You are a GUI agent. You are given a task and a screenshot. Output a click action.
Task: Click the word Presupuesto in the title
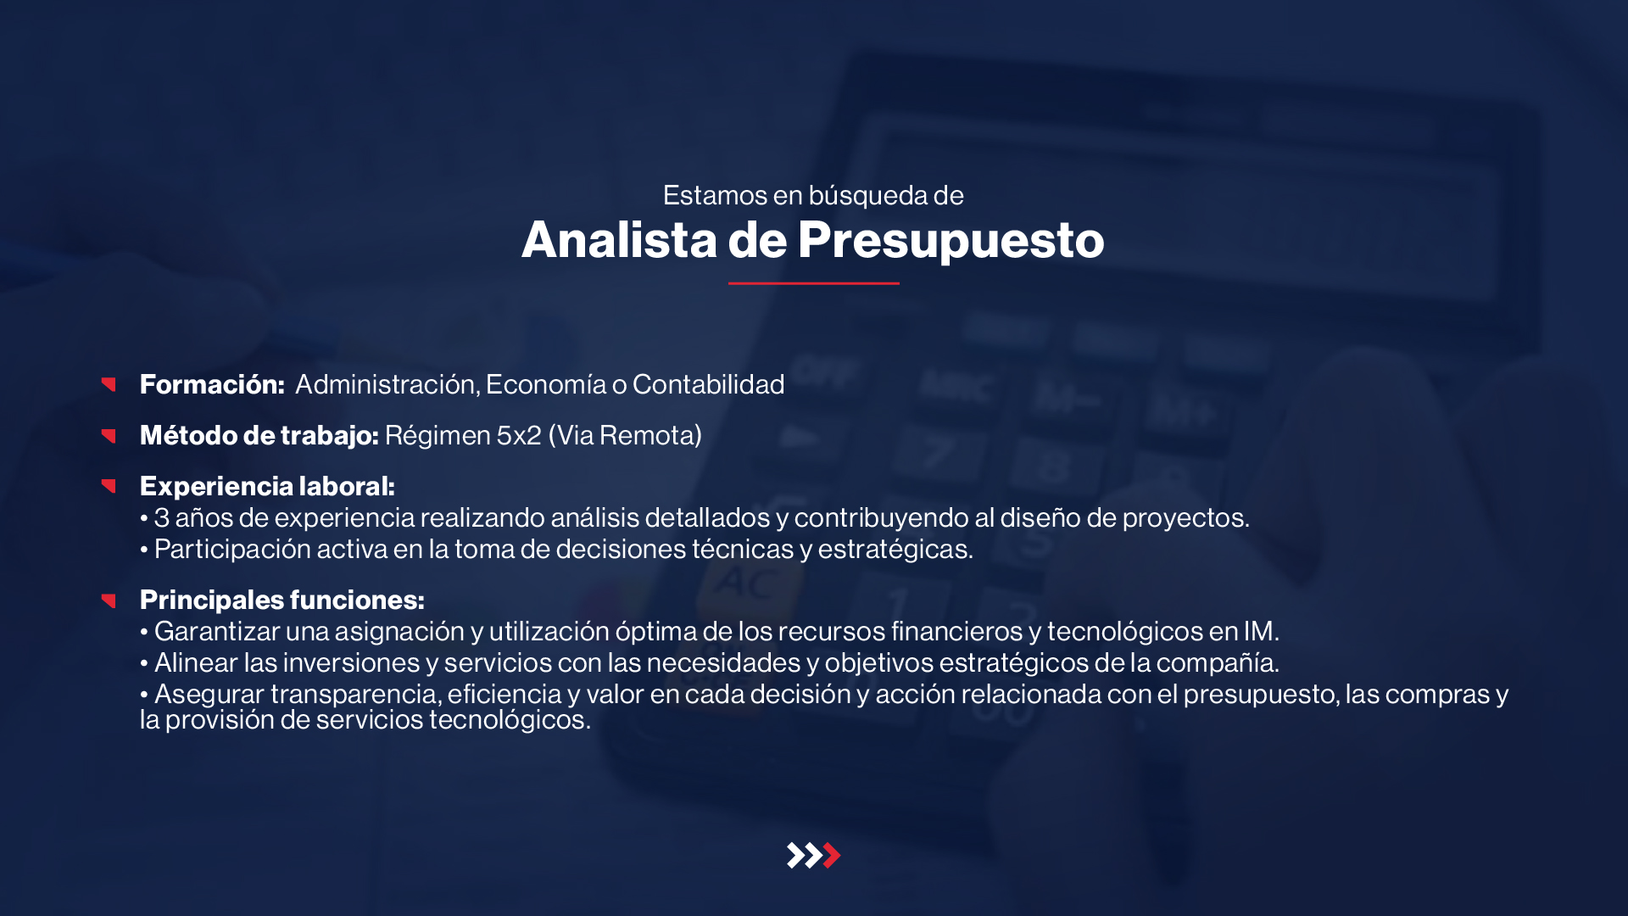pos(951,241)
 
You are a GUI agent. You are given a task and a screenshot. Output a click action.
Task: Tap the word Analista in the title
pos(620,239)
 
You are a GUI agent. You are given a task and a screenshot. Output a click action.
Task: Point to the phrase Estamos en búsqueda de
pos(813,195)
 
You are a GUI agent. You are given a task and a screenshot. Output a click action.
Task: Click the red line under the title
pos(813,283)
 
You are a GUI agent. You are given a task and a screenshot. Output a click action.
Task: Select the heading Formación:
pos(212,384)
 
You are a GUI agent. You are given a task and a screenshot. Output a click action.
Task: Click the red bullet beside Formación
pos(109,384)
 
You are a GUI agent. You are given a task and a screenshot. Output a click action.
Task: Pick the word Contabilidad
pos(708,384)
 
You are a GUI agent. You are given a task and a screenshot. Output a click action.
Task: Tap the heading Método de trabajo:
pos(259,435)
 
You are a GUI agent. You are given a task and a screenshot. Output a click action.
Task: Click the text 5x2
pos(519,435)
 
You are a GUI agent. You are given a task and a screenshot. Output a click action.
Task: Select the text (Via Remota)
pos(625,435)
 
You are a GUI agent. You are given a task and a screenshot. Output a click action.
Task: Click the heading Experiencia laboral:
pos(267,486)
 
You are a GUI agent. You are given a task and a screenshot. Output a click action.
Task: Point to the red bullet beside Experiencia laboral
pos(109,486)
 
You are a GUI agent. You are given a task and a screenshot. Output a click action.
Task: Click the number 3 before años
pos(161,517)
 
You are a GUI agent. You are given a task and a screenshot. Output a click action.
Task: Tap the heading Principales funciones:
pos(282,600)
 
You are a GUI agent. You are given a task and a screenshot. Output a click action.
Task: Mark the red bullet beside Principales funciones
pos(109,600)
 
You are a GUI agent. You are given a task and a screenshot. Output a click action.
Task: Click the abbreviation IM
pos(1258,631)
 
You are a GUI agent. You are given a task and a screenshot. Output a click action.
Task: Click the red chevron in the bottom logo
pos(832,855)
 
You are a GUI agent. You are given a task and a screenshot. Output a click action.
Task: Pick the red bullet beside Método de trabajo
pos(109,435)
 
